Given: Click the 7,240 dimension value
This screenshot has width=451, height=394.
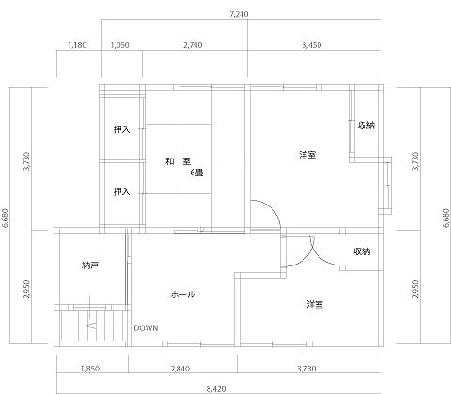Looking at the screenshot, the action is [x=239, y=14].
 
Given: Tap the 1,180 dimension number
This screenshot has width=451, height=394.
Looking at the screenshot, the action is [x=77, y=45].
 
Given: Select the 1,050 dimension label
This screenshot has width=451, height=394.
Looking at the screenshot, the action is [x=120, y=45].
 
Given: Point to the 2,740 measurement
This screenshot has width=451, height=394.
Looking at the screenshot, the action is [x=193, y=45].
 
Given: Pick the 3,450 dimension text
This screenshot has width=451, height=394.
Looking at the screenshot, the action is [x=312, y=45].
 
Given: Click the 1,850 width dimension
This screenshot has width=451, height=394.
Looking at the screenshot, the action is [x=90, y=369].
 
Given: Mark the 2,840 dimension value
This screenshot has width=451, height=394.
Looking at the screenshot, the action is [x=180, y=369].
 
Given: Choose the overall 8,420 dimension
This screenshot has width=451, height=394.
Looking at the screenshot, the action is [x=216, y=389].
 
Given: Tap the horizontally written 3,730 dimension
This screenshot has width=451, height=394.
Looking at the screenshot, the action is [x=306, y=369].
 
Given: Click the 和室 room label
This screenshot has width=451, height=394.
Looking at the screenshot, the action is [x=178, y=162].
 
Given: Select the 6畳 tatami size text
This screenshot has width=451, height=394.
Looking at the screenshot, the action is [x=197, y=173].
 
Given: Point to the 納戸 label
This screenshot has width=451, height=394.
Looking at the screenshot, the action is [x=90, y=265].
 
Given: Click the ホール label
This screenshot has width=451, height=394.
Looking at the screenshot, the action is [x=183, y=295].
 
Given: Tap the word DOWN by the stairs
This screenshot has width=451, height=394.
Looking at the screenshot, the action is [x=146, y=328].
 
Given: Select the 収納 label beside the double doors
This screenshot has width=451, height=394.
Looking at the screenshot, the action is [x=362, y=251].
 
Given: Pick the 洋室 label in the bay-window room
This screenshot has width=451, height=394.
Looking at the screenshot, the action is [x=307, y=155].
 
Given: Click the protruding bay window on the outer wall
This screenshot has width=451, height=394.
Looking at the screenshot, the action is [x=388, y=186].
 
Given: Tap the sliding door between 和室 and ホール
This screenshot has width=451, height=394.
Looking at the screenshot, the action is [x=210, y=232].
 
